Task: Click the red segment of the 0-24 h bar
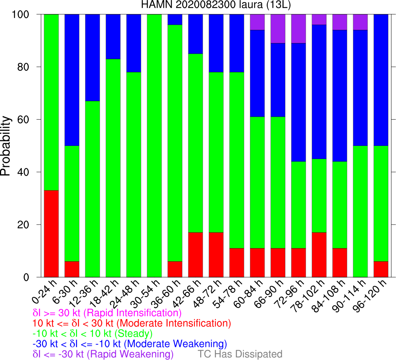tap(51, 234)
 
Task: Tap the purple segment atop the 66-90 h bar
tap(278, 28)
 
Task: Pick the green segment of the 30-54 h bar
tap(154, 145)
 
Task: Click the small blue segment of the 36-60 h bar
tap(175, 19)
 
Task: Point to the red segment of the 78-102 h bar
tap(319, 255)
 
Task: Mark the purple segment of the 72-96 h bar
tap(299, 28)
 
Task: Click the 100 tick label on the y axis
tap(26, 14)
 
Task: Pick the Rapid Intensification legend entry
tap(107, 313)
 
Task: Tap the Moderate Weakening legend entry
tap(130, 343)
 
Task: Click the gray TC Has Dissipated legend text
tap(240, 354)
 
